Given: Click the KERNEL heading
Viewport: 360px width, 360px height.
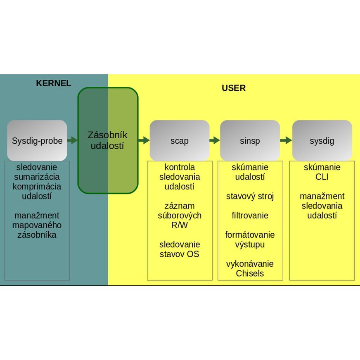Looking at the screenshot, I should point(54,83).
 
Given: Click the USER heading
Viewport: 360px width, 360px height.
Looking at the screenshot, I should point(234,88).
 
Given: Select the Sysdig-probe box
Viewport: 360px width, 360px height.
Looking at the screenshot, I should point(37,141).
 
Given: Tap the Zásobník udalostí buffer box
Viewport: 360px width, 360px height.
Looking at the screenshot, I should point(108,140).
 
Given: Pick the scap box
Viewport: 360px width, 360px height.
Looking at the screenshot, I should point(180,141).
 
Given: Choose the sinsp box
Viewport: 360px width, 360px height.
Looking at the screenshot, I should point(250,141).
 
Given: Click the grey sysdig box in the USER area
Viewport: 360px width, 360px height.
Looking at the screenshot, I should point(322,141).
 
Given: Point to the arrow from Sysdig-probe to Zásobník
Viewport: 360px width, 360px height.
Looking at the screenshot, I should point(72,140).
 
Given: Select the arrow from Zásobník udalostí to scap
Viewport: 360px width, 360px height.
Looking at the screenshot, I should point(144,140).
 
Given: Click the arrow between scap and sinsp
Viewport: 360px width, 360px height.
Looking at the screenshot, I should point(215,140).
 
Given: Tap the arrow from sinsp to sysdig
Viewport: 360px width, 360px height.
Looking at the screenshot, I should point(286,140).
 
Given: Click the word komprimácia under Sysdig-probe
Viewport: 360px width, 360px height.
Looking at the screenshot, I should point(37,186).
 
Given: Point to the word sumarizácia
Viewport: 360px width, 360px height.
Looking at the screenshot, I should point(37,177).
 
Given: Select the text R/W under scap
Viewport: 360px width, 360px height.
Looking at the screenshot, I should point(180,225).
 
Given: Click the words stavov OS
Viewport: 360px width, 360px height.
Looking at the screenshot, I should point(180,254).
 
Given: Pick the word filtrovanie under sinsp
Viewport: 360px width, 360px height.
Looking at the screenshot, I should point(250,216).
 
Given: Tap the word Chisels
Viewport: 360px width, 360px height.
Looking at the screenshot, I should point(250,273).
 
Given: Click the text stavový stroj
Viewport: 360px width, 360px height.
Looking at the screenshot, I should point(250,196).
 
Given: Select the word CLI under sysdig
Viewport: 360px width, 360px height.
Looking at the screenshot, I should point(322,177).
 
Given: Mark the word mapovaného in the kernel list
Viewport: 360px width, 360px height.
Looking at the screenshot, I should point(37,225).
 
